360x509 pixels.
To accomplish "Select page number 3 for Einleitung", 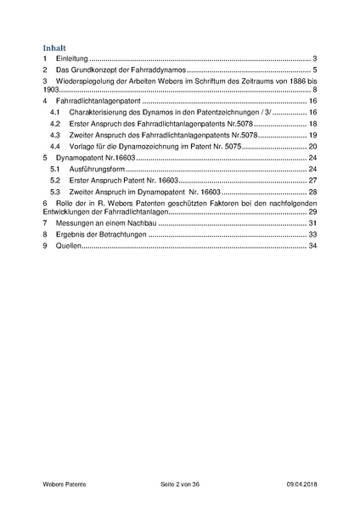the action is point(314,59).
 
